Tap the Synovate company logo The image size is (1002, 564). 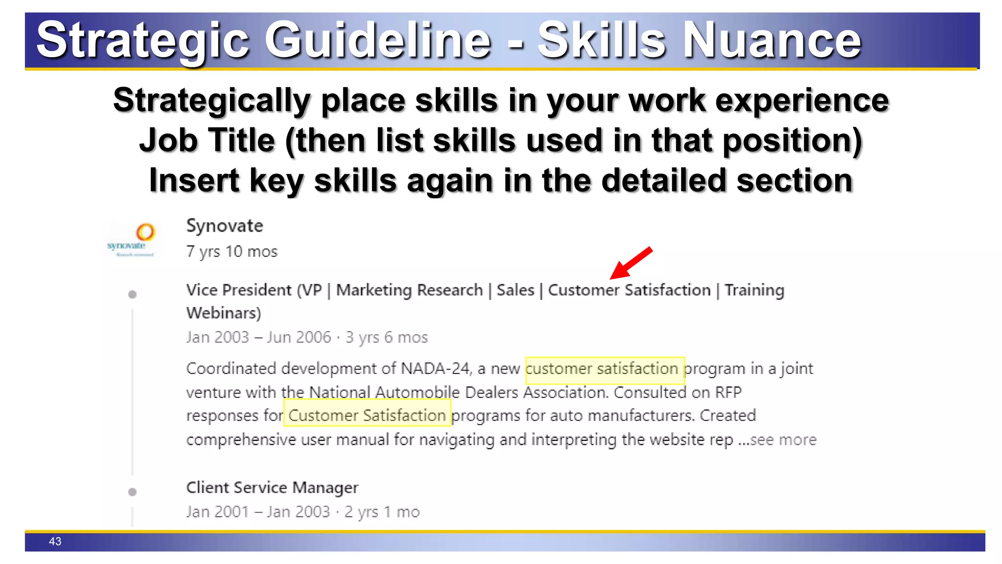coord(132,239)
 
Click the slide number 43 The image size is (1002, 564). coord(55,541)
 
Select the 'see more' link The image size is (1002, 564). coord(783,440)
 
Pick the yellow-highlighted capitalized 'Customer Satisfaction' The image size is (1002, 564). coord(367,415)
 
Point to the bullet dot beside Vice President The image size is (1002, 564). coord(132,294)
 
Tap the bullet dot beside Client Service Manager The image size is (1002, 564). coord(132,492)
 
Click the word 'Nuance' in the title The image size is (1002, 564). coord(772,40)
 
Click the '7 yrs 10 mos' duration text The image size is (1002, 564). coord(232,252)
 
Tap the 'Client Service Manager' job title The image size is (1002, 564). coord(272,488)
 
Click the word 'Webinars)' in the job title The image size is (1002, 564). coord(224,313)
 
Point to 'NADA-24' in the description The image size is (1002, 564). coord(435,368)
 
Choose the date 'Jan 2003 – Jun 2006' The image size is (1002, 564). coord(259,337)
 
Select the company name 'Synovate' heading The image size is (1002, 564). coord(225,226)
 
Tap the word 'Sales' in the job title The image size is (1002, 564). coord(515,290)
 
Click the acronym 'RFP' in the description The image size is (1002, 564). coord(729,392)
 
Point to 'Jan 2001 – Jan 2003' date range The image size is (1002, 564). coord(258,512)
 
